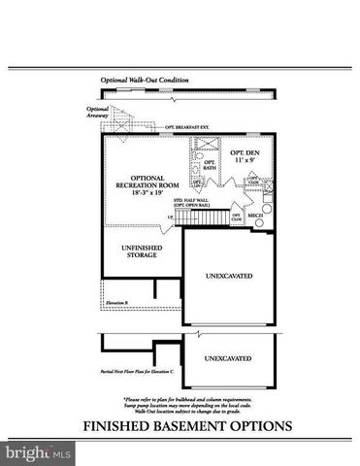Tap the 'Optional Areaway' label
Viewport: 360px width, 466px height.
(x=97, y=112)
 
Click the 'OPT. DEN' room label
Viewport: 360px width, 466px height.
(x=244, y=153)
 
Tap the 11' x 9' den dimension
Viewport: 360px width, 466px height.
(x=244, y=162)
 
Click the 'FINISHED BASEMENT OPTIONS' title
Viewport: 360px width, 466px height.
(x=180, y=423)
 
